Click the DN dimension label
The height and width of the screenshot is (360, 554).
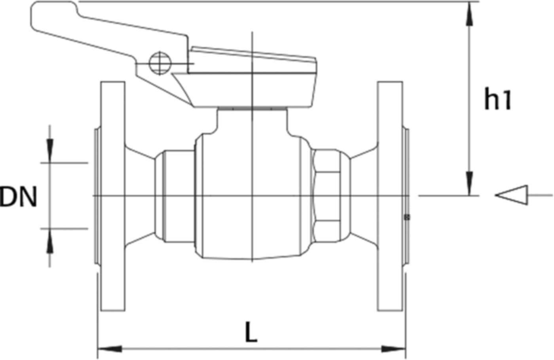18,197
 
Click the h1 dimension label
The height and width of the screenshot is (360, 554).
498,99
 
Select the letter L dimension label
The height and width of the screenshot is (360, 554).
251,332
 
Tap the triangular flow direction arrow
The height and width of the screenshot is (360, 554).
511,195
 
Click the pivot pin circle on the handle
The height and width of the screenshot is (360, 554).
160,63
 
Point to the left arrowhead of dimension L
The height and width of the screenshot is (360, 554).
110,349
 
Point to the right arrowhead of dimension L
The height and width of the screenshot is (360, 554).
393,349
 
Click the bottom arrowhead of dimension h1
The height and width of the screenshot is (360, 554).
469,183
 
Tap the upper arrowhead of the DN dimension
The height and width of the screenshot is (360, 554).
50,151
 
